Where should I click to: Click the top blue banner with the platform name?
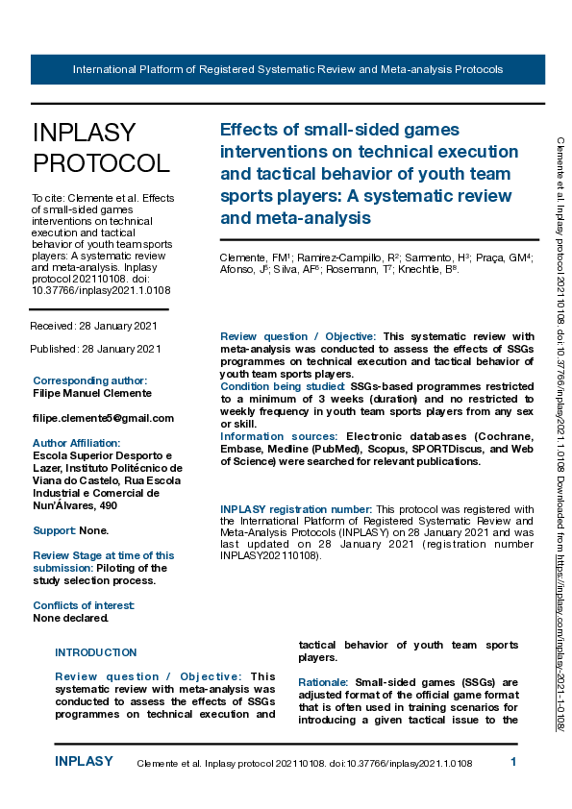tap(287, 70)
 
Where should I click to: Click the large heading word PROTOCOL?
tap(101, 163)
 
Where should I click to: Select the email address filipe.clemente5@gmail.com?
tap(103, 418)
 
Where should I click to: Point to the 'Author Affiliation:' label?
tap(76, 443)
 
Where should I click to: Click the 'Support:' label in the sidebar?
tap(55, 530)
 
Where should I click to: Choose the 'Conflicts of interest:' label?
tap(84, 605)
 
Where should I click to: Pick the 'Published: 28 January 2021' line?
tap(96, 349)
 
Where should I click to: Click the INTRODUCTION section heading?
tap(96, 652)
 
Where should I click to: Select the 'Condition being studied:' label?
tap(284, 387)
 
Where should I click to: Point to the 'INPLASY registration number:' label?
tap(296, 509)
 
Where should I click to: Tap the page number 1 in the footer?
tap(513, 762)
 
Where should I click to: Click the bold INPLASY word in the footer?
tap(84, 762)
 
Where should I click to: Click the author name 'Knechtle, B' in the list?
tap(432, 270)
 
